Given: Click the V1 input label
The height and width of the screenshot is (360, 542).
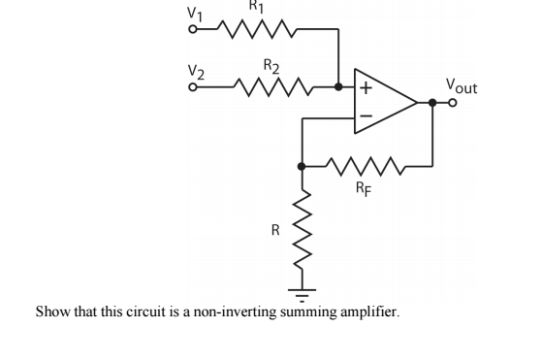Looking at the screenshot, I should [x=196, y=15].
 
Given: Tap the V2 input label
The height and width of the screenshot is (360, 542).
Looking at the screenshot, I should [x=196, y=72].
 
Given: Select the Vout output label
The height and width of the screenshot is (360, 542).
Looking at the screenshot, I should [x=461, y=85].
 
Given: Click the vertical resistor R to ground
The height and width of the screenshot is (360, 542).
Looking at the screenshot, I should [x=302, y=231].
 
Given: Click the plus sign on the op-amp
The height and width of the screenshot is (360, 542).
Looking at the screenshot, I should [x=366, y=87].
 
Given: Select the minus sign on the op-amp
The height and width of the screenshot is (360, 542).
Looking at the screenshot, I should [x=366, y=117].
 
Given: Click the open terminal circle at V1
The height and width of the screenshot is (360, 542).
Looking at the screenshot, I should [x=193, y=30].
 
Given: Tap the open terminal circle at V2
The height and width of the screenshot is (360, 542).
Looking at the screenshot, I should [x=193, y=87].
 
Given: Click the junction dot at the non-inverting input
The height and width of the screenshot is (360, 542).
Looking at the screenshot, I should [x=337, y=87].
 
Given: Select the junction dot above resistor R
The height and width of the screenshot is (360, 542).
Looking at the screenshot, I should [x=302, y=166].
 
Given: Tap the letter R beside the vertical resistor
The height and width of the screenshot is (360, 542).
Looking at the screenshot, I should [x=275, y=231].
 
